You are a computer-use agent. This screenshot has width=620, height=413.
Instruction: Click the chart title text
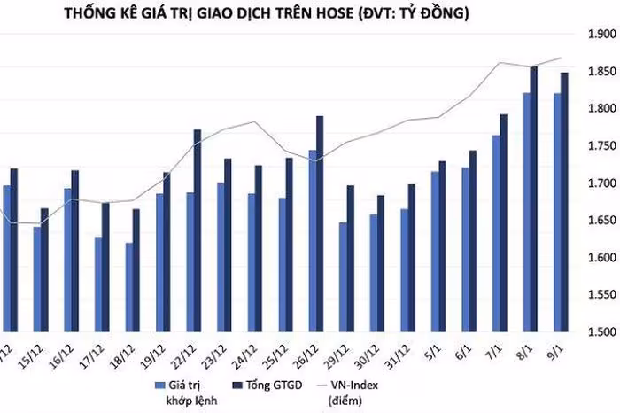(310, 14)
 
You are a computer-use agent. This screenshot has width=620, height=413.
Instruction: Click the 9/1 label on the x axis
(557, 348)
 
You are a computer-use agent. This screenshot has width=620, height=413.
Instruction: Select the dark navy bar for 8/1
(533, 199)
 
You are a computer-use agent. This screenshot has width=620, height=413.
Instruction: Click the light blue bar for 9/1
(556, 213)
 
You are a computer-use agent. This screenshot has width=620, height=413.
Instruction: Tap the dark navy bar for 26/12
(319, 223)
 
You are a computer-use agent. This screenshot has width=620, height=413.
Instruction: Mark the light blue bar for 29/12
(343, 277)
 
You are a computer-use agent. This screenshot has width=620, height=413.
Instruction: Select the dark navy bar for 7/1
(503, 222)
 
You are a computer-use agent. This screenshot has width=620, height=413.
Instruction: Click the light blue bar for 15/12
(38, 278)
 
